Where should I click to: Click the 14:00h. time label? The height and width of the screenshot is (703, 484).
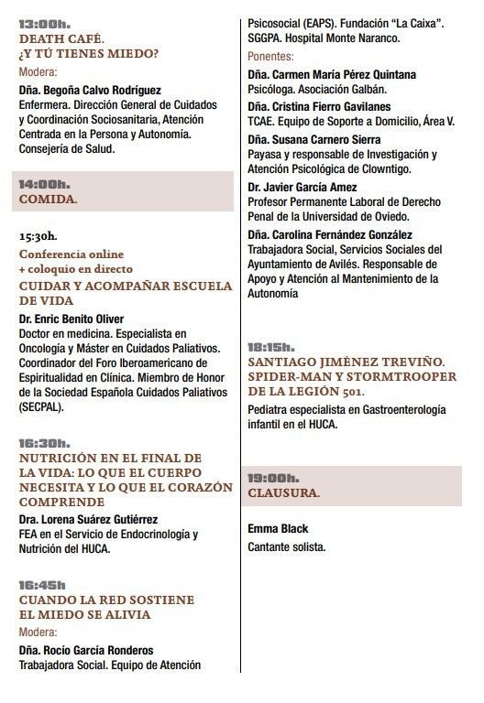click(x=45, y=183)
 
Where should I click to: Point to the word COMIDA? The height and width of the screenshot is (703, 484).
click(x=48, y=198)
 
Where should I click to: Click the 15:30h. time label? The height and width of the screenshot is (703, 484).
click(x=38, y=236)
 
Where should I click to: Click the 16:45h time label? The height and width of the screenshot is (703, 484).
click(x=42, y=585)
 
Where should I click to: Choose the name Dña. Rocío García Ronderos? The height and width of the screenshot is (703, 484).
click(x=86, y=651)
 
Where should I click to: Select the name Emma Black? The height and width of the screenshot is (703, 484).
click(x=279, y=529)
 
